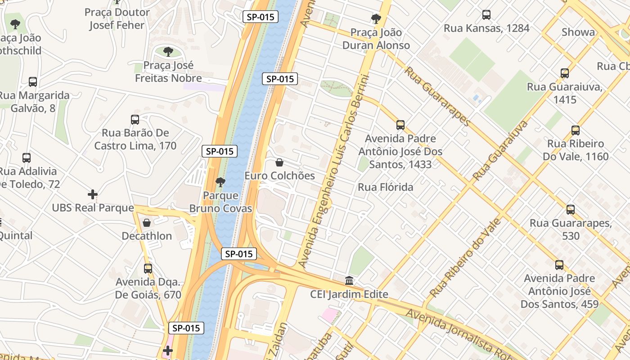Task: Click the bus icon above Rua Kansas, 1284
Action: pos(486,15)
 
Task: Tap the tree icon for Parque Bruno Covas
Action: pos(220,182)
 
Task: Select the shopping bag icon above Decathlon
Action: pos(147,223)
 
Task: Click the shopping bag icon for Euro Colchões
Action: pos(279,162)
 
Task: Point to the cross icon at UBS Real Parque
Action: pos(93,194)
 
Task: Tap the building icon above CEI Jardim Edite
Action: pos(349,281)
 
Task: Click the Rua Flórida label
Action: pos(385,187)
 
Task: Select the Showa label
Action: pos(578,32)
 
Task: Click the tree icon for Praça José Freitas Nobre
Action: pos(168,52)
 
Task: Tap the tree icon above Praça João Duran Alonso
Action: pos(376,19)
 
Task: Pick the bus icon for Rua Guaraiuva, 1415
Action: pos(564,73)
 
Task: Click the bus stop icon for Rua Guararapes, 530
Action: pos(571,210)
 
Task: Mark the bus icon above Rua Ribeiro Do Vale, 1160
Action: pos(575,130)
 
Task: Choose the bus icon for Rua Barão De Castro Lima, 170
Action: pos(135,120)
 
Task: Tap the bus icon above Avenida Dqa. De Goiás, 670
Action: pos(148,269)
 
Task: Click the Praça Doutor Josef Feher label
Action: pos(117,19)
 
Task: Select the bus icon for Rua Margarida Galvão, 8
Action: pos(33,82)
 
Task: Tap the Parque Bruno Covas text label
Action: pos(220,202)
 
